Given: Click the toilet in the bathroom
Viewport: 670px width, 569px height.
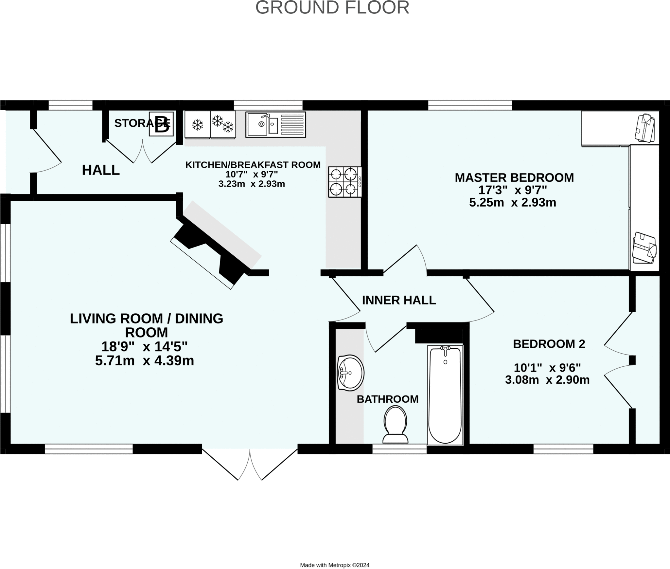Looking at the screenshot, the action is point(396,425).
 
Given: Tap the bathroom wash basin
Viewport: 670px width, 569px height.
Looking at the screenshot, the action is point(350,373).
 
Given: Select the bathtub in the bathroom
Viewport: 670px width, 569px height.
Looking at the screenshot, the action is point(445,395).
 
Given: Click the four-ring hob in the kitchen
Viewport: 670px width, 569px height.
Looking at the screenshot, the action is point(345,182).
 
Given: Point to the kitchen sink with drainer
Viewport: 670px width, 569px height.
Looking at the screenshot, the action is point(276,124).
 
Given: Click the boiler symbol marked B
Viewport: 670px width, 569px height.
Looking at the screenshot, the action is point(161,124).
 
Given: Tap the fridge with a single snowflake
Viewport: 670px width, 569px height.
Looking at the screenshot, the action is point(197,125).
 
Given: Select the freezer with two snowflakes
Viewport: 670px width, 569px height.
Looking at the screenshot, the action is point(223,125).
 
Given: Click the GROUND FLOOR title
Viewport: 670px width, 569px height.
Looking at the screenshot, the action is point(332,8).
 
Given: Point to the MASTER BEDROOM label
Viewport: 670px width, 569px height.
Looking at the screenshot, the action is point(514,177).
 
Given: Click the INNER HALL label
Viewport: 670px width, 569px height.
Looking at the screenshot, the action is point(399,300).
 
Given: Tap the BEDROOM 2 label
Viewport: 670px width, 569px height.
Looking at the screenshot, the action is point(549,344).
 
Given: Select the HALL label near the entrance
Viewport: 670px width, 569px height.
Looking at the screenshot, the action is point(101,170).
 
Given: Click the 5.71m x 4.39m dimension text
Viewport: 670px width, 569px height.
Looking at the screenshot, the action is point(145,361).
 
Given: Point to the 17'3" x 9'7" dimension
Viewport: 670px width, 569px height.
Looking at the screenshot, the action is point(513,190).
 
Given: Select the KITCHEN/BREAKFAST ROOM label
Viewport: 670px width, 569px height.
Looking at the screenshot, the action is point(253,165).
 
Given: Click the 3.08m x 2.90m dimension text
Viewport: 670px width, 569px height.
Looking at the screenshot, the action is point(547,380).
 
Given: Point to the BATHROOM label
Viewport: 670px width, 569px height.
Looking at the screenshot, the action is point(388,399).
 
